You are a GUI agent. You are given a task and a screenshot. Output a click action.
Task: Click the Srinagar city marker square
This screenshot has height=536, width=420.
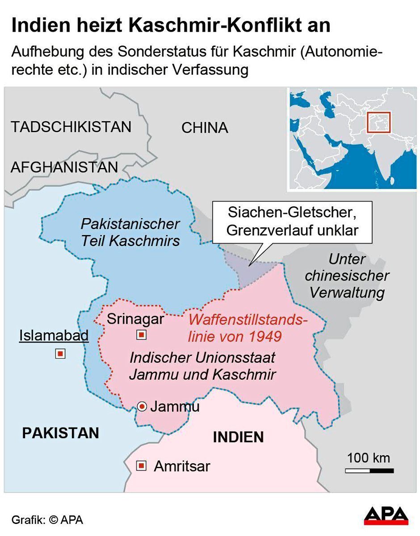[141, 335]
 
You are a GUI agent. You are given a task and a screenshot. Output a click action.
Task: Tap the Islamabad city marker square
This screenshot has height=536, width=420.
[60, 354]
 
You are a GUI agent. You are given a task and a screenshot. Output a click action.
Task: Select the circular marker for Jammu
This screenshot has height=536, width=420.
[142, 406]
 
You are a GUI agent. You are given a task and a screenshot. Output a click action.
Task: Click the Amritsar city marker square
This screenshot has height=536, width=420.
[141, 466]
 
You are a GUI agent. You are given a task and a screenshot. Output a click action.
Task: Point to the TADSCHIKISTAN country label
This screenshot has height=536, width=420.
[71, 127]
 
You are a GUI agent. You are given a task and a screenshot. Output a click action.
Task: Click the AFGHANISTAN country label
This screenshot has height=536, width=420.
[64, 167]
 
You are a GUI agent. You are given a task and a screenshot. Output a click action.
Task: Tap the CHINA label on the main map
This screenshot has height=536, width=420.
[205, 128]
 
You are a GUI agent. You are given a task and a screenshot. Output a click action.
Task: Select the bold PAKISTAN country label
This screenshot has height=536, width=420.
[60, 433]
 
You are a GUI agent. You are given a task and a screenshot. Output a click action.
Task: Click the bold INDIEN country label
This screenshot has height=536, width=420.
[238, 437]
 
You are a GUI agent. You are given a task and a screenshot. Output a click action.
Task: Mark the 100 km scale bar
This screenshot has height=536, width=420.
[369, 470]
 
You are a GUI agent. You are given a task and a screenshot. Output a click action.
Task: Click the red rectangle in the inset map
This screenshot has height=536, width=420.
[378, 122]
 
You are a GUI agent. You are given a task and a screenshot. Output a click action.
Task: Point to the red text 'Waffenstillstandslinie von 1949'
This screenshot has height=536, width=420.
[247, 328]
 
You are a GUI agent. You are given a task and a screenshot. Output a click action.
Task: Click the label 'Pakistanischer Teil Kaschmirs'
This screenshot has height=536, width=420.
[130, 232]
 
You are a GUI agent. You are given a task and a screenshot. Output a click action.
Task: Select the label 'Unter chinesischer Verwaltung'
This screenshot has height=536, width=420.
[347, 276]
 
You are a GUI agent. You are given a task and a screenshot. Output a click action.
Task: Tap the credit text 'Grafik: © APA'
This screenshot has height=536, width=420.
[47, 520]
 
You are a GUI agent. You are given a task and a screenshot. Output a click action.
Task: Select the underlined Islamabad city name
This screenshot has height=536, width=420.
[54, 335]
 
